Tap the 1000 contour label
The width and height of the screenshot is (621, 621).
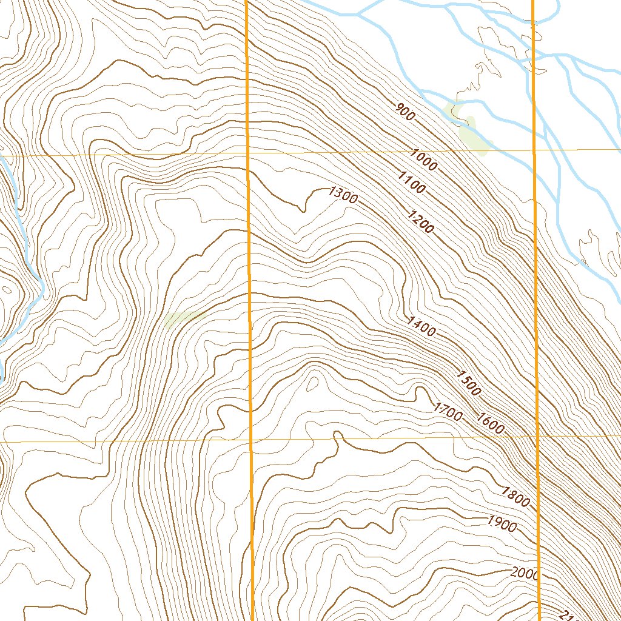point(423,159)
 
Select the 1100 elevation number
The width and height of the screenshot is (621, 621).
point(411,182)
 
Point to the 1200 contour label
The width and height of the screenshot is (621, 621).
point(421,221)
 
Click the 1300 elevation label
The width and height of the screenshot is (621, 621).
point(343,195)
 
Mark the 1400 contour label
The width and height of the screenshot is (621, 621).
point(421,326)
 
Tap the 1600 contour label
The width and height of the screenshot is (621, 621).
point(490,423)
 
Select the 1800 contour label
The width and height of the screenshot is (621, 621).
point(515,497)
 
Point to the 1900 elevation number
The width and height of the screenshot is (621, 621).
point(502,523)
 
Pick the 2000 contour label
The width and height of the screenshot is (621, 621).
point(525,573)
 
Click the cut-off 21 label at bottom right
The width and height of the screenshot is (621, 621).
point(566,614)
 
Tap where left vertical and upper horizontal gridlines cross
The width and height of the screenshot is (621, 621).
point(249,153)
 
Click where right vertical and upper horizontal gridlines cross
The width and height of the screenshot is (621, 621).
point(534,149)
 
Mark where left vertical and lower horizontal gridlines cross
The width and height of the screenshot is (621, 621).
point(250,440)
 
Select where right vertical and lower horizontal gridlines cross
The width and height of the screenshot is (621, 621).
point(537,435)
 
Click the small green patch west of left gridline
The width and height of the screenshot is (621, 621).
point(182,318)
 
